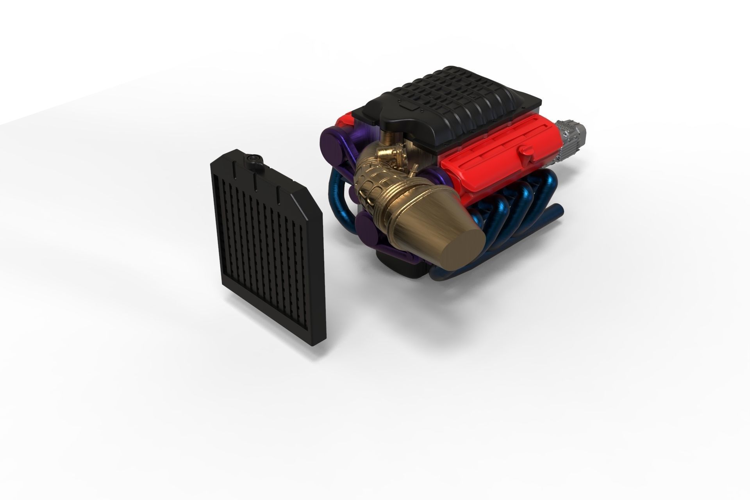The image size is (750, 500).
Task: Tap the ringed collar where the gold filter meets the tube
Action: (x=395, y=219)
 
